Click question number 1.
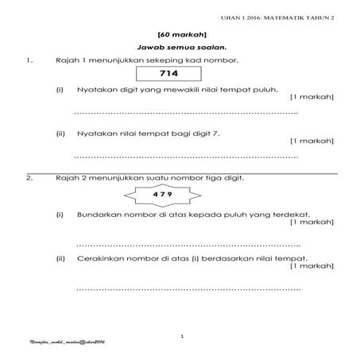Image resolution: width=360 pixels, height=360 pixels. [x=29, y=60]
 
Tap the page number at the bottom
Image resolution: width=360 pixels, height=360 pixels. [x=183, y=337]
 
